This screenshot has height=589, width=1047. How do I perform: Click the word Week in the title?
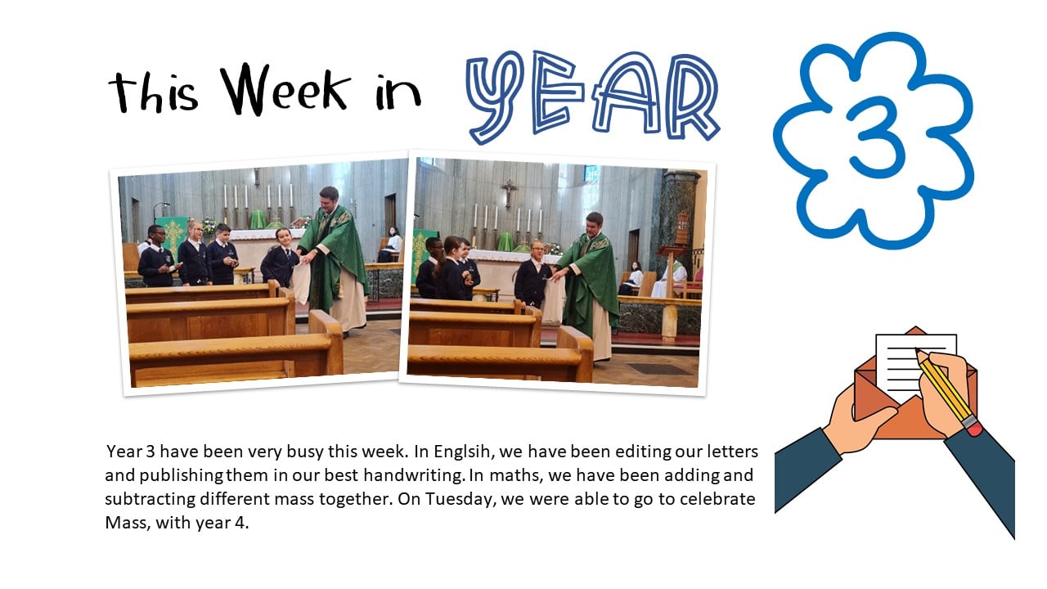pyautogui.click(x=285, y=90)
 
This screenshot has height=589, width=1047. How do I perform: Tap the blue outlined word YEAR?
pyautogui.click(x=593, y=97)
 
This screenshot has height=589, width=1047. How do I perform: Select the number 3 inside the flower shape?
pyautogui.click(x=872, y=137)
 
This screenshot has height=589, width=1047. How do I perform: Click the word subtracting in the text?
pyautogui.click(x=150, y=499)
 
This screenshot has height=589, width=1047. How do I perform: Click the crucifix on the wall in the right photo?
pyautogui.click(x=509, y=192)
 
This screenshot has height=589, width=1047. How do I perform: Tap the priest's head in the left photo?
pyautogui.click(x=330, y=198)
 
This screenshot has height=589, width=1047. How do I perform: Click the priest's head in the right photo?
pyautogui.click(x=594, y=224)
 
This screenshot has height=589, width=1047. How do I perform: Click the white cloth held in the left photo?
pyautogui.click(x=301, y=282)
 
